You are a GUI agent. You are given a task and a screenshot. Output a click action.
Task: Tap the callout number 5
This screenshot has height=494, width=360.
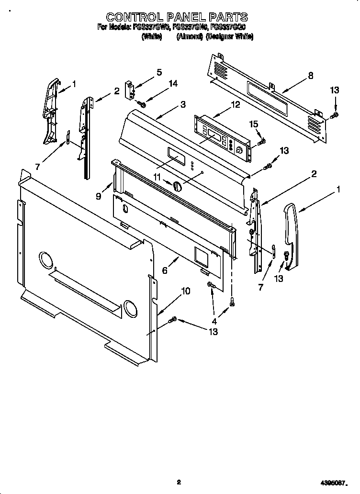(x=159, y=72)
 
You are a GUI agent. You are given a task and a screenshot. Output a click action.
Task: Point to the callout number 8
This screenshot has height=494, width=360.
(x=311, y=75)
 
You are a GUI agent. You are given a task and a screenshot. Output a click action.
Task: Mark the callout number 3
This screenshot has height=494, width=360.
(x=183, y=104)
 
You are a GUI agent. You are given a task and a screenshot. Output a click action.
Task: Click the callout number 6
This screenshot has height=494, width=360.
(x=165, y=270)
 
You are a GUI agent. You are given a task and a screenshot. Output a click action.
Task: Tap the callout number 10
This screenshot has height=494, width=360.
(x=186, y=291)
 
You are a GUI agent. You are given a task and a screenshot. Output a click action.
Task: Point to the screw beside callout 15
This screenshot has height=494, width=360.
(x=261, y=142)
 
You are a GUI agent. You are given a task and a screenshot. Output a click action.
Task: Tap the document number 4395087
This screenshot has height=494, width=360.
(x=336, y=483)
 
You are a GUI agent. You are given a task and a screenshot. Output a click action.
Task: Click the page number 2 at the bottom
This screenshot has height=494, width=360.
(x=179, y=482)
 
